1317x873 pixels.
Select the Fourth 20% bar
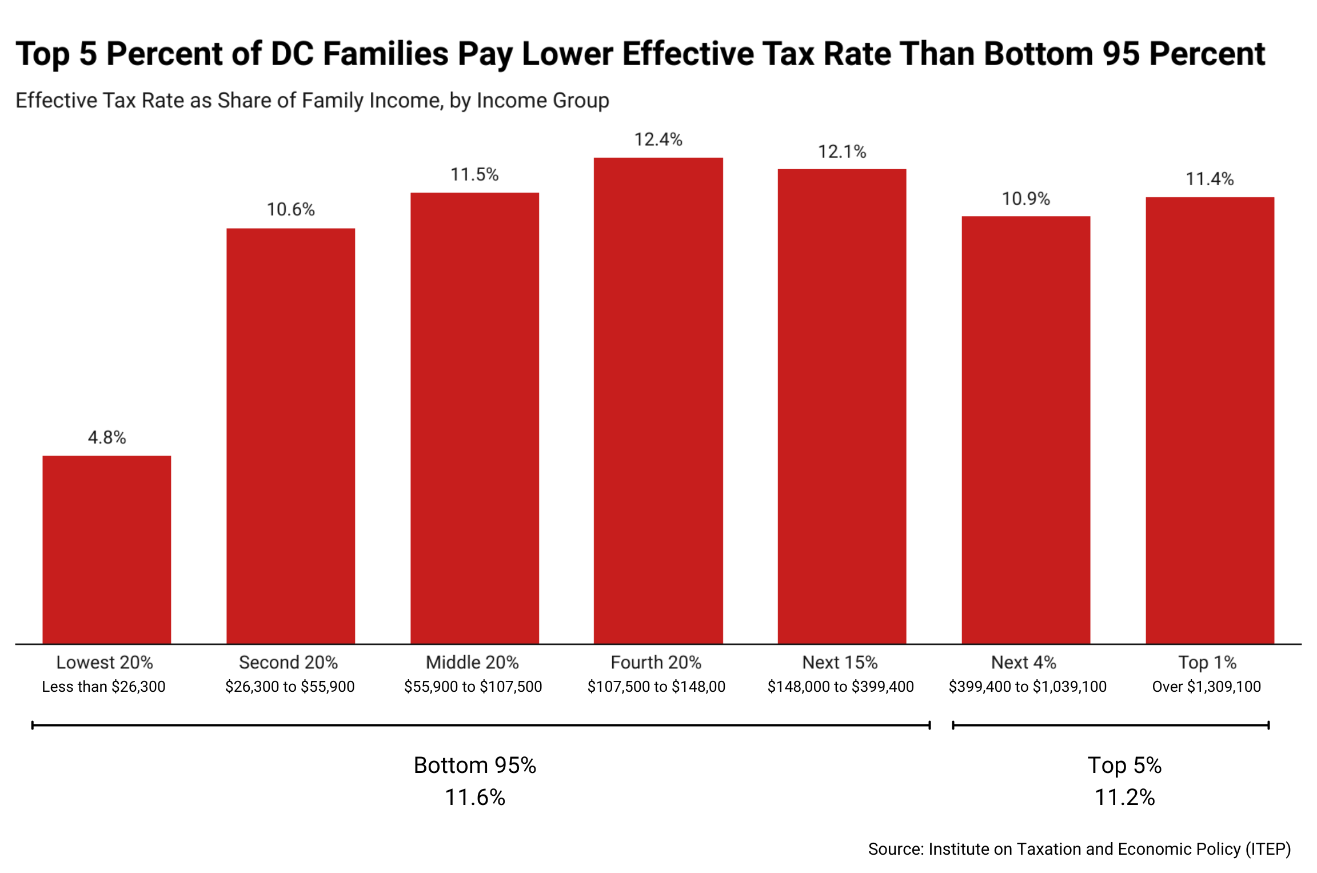pyautogui.click(x=658, y=400)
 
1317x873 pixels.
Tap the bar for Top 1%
pyautogui.click(x=1210, y=420)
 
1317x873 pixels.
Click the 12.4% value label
pyautogui.click(x=658, y=139)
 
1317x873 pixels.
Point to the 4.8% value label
pyautogui.click(x=106, y=437)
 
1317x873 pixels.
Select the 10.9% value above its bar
pyautogui.click(x=1025, y=199)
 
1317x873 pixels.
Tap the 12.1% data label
pyautogui.click(x=841, y=152)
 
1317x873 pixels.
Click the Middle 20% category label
pyautogui.click(x=472, y=662)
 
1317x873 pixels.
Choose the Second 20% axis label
pyautogui.click(x=288, y=662)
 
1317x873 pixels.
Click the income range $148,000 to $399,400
pyautogui.click(x=840, y=686)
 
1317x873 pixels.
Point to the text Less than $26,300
pyautogui.click(x=103, y=686)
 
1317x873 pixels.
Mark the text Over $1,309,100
pyautogui.click(x=1206, y=686)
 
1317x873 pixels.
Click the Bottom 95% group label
pyautogui.click(x=474, y=765)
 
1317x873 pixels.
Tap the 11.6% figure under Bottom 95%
pyautogui.click(x=474, y=797)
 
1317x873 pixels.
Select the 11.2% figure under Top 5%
pyautogui.click(x=1124, y=797)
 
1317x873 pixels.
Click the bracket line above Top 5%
pyautogui.click(x=1110, y=725)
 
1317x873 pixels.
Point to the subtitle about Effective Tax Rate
pyautogui.click(x=312, y=100)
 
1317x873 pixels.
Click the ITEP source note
pyautogui.click(x=1079, y=848)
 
